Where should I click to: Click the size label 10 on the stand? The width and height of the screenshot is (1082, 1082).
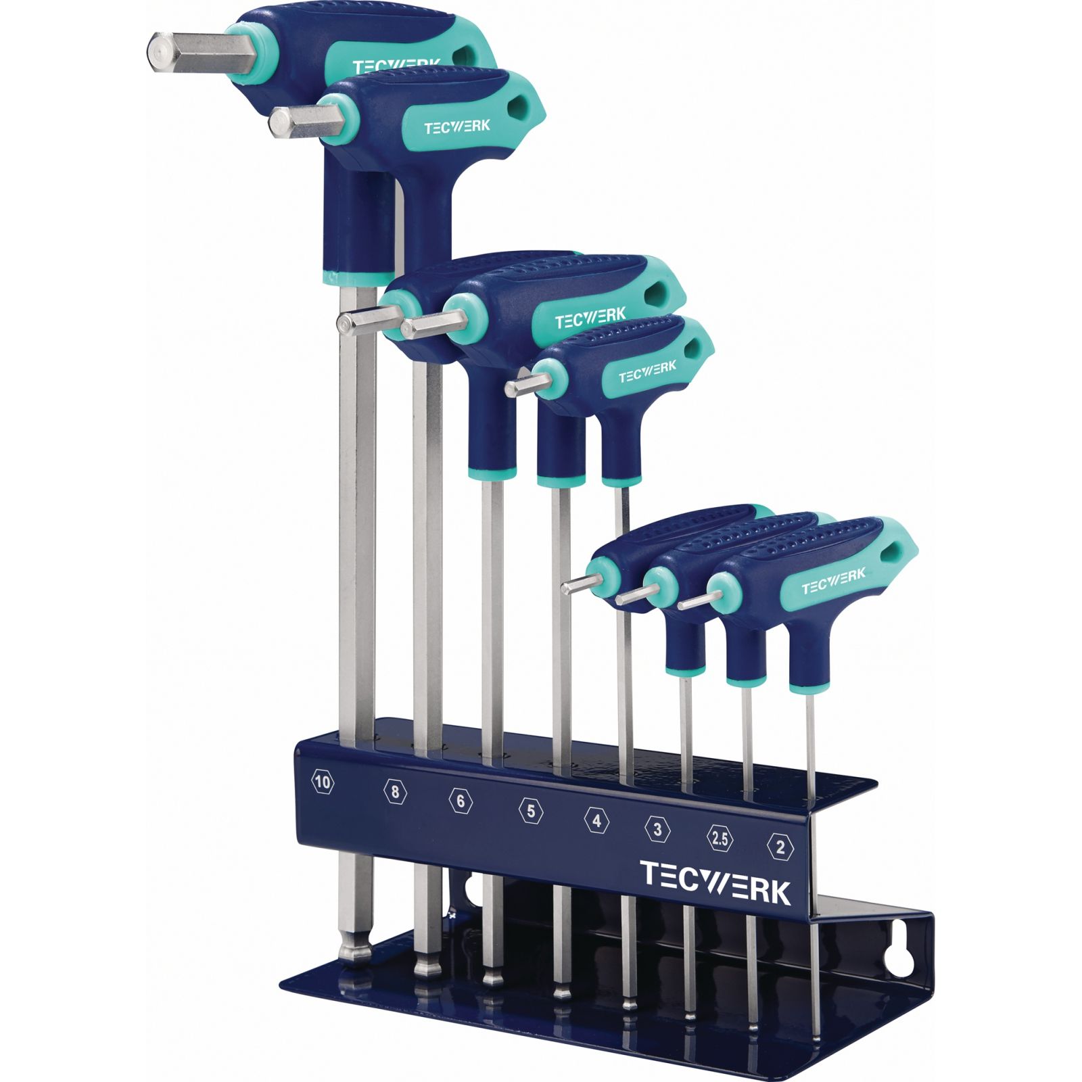(x=323, y=783)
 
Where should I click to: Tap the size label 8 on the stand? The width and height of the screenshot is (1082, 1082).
(x=395, y=791)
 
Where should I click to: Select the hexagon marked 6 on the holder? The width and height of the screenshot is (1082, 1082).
(x=461, y=801)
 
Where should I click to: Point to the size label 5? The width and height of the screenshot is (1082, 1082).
(x=531, y=810)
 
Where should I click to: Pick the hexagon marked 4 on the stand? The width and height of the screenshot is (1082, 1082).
(x=596, y=820)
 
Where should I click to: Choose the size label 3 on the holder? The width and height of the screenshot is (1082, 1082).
(x=657, y=829)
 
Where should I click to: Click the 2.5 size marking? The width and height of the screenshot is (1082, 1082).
(x=720, y=839)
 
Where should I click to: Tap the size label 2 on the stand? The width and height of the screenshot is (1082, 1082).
(x=780, y=847)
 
